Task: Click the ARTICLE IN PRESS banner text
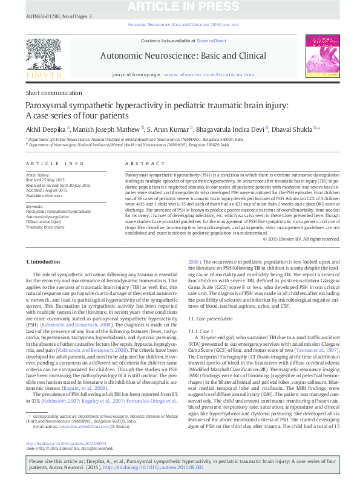(x=180, y=6)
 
